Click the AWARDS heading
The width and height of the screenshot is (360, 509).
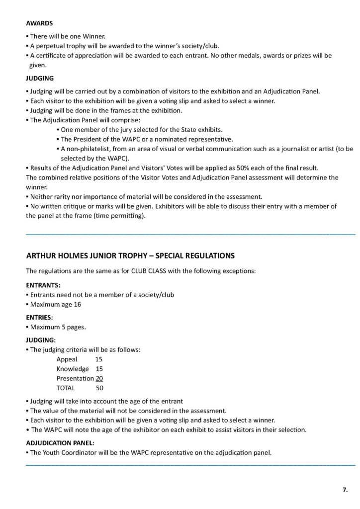(39, 23)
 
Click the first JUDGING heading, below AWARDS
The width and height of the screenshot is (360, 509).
(39, 79)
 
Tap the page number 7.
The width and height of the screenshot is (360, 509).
(345, 490)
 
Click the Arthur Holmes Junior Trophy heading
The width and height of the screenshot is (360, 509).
(130, 256)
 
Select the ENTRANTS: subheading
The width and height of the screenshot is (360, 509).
(43, 286)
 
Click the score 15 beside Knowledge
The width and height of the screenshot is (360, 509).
(99, 369)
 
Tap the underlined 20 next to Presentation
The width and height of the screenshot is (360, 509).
(99, 378)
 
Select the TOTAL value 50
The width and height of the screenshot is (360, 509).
(99, 388)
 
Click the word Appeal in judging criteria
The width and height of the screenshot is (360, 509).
(67, 359)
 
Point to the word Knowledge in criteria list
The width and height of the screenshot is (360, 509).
(73, 369)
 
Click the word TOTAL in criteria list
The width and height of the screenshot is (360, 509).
(66, 388)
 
